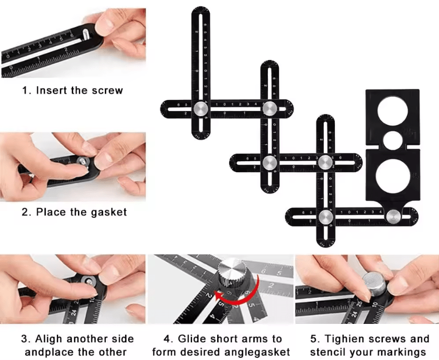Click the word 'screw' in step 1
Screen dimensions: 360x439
108,91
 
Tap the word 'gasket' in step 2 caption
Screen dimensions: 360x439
108,212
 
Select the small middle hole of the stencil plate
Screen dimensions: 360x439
392,140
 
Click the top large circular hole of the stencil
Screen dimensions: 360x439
392,110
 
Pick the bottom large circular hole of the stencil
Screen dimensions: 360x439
392,176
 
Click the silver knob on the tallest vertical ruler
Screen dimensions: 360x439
200,108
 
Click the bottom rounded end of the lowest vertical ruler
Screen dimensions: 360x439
325,241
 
